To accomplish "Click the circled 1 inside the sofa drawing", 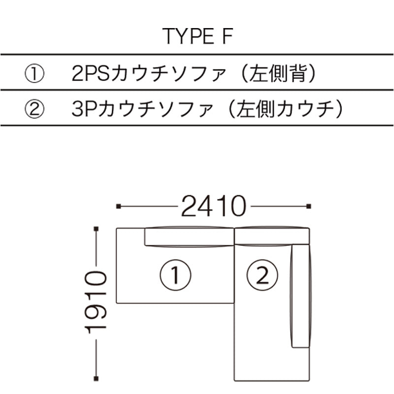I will click(x=175, y=274).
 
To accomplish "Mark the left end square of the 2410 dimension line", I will click(x=118, y=206).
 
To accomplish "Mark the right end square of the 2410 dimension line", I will click(x=309, y=206).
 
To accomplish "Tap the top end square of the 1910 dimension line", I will click(x=97, y=229).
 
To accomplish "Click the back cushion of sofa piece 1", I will click(x=189, y=236).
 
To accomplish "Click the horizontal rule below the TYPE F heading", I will click(x=197, y=55).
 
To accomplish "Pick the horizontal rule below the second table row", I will click(x=197, y=125).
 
